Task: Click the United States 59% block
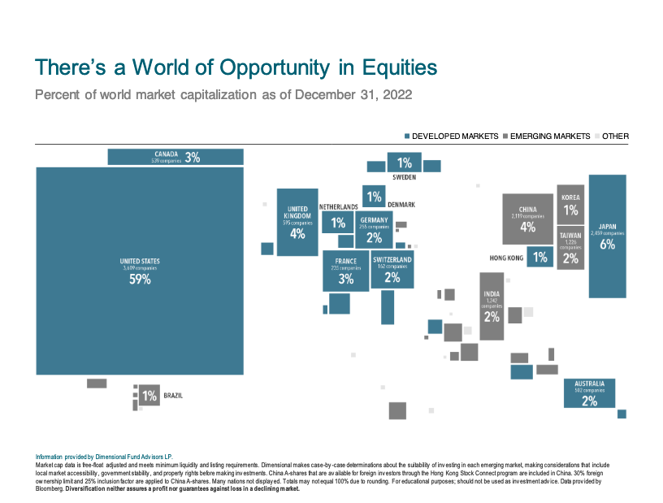[x=140, y=270]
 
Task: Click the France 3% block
[x=346, y=271]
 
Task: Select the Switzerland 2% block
[x=392, y=270]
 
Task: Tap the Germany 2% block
[x=374, y=230]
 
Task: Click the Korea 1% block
[x=570, y=205]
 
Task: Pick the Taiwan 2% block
[x=570, y=249]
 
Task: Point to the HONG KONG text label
[x=506, y=258]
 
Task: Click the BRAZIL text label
[x=173, y=397]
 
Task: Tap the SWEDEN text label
[x=405, y=176]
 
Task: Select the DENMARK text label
[x=401, y=205]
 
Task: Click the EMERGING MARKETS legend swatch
[x=505, y=137]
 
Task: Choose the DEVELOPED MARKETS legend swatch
[x=407, y=137]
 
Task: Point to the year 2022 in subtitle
[x=393, y=95]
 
